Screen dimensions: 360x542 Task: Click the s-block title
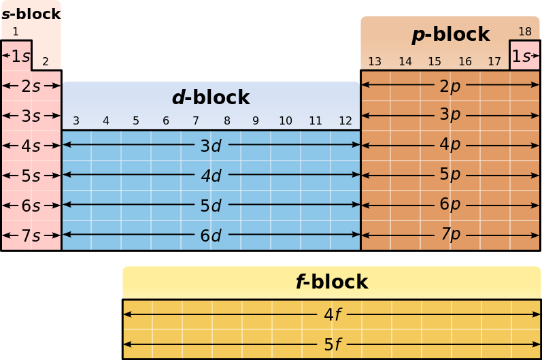(x=31, y=14)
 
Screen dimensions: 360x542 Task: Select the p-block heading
(x=450, y=34)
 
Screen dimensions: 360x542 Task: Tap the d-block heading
(x=211, y=98)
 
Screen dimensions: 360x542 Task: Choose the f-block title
(x=331, y=282)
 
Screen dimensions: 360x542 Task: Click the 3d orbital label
(x=211, y=146)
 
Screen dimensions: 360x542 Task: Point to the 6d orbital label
(x=211, y=235)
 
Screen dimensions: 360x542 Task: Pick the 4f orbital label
(x=333, y=314)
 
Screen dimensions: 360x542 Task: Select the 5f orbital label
(x=333, y=344)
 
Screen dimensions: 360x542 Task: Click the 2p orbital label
(x=450, y=86)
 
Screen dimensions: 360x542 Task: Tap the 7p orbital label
(x=450, y=235)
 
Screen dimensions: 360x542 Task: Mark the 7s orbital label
(x=31, y=236)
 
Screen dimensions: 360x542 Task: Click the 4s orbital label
(x=31, y=146)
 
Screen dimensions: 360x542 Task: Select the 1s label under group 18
(x=522, y=56)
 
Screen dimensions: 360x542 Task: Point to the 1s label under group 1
(x=20, y=56)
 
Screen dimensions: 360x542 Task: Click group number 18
(x=525, y=31)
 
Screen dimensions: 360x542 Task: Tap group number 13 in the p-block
(x=375, y=62)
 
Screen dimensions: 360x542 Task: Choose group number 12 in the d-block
(x=345, y=121)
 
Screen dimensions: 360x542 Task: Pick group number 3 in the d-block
(x=76, y=121)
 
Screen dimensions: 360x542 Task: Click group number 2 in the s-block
(x=46, y=62)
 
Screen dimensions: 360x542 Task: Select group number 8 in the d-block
(x=226, y=121)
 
